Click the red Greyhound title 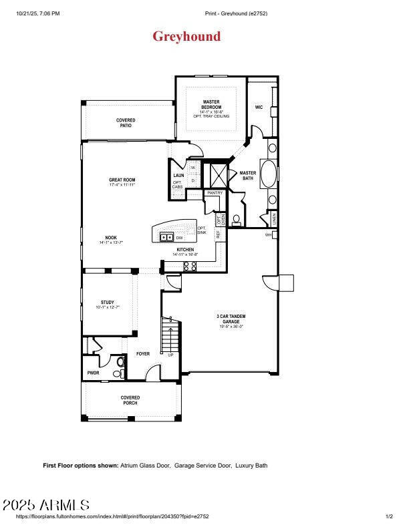tap(186, 36)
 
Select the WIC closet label tap(259, 107)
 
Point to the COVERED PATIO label tap(126, 123)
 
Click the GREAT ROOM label tap(122, 182)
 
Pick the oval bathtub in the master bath tap(269, 174)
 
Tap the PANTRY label tap(215, 192)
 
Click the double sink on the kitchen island tap(166, 236)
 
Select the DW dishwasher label tap(179, 237)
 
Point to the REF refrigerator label tap(218, 234)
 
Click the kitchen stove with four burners tap(189, 266)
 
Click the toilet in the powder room tap(120, 363)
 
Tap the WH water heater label tap(268, 234)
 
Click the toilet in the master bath tap(239, 217)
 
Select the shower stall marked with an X tap(219, 175)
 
